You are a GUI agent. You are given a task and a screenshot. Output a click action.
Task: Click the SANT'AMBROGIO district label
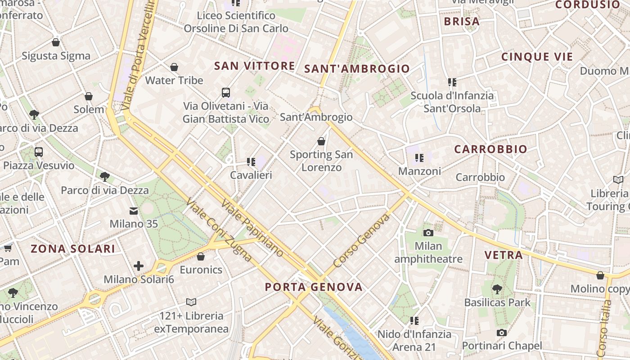coord(357,68)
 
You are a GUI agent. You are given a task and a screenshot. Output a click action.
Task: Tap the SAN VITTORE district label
coord(254,66)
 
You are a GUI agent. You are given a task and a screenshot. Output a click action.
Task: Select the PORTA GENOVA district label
coord(313,287)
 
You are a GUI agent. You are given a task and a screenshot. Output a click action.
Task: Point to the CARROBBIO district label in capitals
coord(490,149)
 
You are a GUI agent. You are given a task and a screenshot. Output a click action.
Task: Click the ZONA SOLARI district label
coord(73,248)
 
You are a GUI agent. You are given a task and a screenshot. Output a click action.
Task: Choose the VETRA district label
coord(503,255)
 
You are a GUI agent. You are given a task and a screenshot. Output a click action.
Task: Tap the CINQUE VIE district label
coord(537,57)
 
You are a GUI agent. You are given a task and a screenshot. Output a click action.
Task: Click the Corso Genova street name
coord(361,241)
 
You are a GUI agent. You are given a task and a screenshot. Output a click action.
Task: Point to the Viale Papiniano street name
coord(252,228)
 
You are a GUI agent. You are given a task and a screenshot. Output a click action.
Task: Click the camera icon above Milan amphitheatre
coord(428,233)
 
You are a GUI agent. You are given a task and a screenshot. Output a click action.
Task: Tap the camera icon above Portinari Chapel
coord(501,333)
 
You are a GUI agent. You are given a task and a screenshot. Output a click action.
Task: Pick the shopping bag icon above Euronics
coord(201,256)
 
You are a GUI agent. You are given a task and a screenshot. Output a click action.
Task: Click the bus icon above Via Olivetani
coord(226,93)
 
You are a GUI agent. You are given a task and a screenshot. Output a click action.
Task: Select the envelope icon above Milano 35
coord(134,211)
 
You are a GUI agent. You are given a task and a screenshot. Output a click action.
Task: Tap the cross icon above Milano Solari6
coord(139,266)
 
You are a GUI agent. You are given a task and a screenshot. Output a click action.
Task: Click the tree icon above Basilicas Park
coord(497,289)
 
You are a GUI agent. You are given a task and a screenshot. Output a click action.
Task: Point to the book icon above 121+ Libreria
coord(191,302)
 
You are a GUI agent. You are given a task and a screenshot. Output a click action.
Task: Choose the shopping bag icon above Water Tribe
coord(174,67)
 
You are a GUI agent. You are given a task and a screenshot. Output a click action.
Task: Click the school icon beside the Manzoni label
coord(419,158)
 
